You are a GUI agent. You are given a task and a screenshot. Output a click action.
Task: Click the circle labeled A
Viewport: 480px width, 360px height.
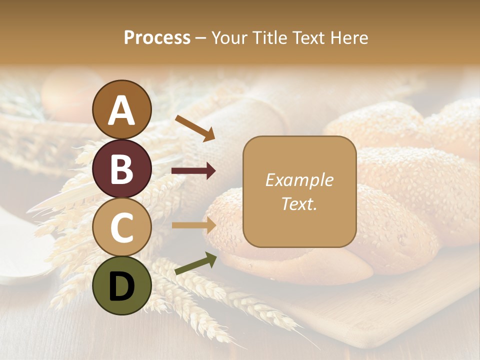tap(122, 109)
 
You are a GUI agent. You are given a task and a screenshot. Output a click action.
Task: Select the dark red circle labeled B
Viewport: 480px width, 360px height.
tap(122, 168)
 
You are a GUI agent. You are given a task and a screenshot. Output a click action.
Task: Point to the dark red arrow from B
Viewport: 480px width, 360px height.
tap(193, 171)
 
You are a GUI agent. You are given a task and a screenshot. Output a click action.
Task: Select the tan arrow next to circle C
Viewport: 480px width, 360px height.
tap(193, 225)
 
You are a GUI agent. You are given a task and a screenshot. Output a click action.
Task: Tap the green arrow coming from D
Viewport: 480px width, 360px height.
tap(195, 263)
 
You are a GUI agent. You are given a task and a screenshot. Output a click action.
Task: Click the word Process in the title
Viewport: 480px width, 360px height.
tap(157, 37)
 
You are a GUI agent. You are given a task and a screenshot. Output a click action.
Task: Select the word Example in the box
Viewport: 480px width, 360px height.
tap(299, 180)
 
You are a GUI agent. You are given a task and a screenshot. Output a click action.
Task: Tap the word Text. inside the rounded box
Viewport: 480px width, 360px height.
tap(299, 203)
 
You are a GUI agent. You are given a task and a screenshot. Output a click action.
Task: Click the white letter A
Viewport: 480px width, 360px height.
tap(122, 110)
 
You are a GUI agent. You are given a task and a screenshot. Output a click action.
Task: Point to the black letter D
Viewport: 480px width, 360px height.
tap(122, 286)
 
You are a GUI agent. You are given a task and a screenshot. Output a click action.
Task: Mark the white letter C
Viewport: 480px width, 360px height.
tap(122, 227)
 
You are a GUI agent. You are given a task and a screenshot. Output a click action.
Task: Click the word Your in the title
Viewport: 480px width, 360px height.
tap(228, 37)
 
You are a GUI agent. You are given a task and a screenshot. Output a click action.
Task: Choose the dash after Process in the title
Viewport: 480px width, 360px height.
tap(201, 38)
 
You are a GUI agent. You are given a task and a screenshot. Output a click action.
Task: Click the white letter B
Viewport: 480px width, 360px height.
tap(122, 169)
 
